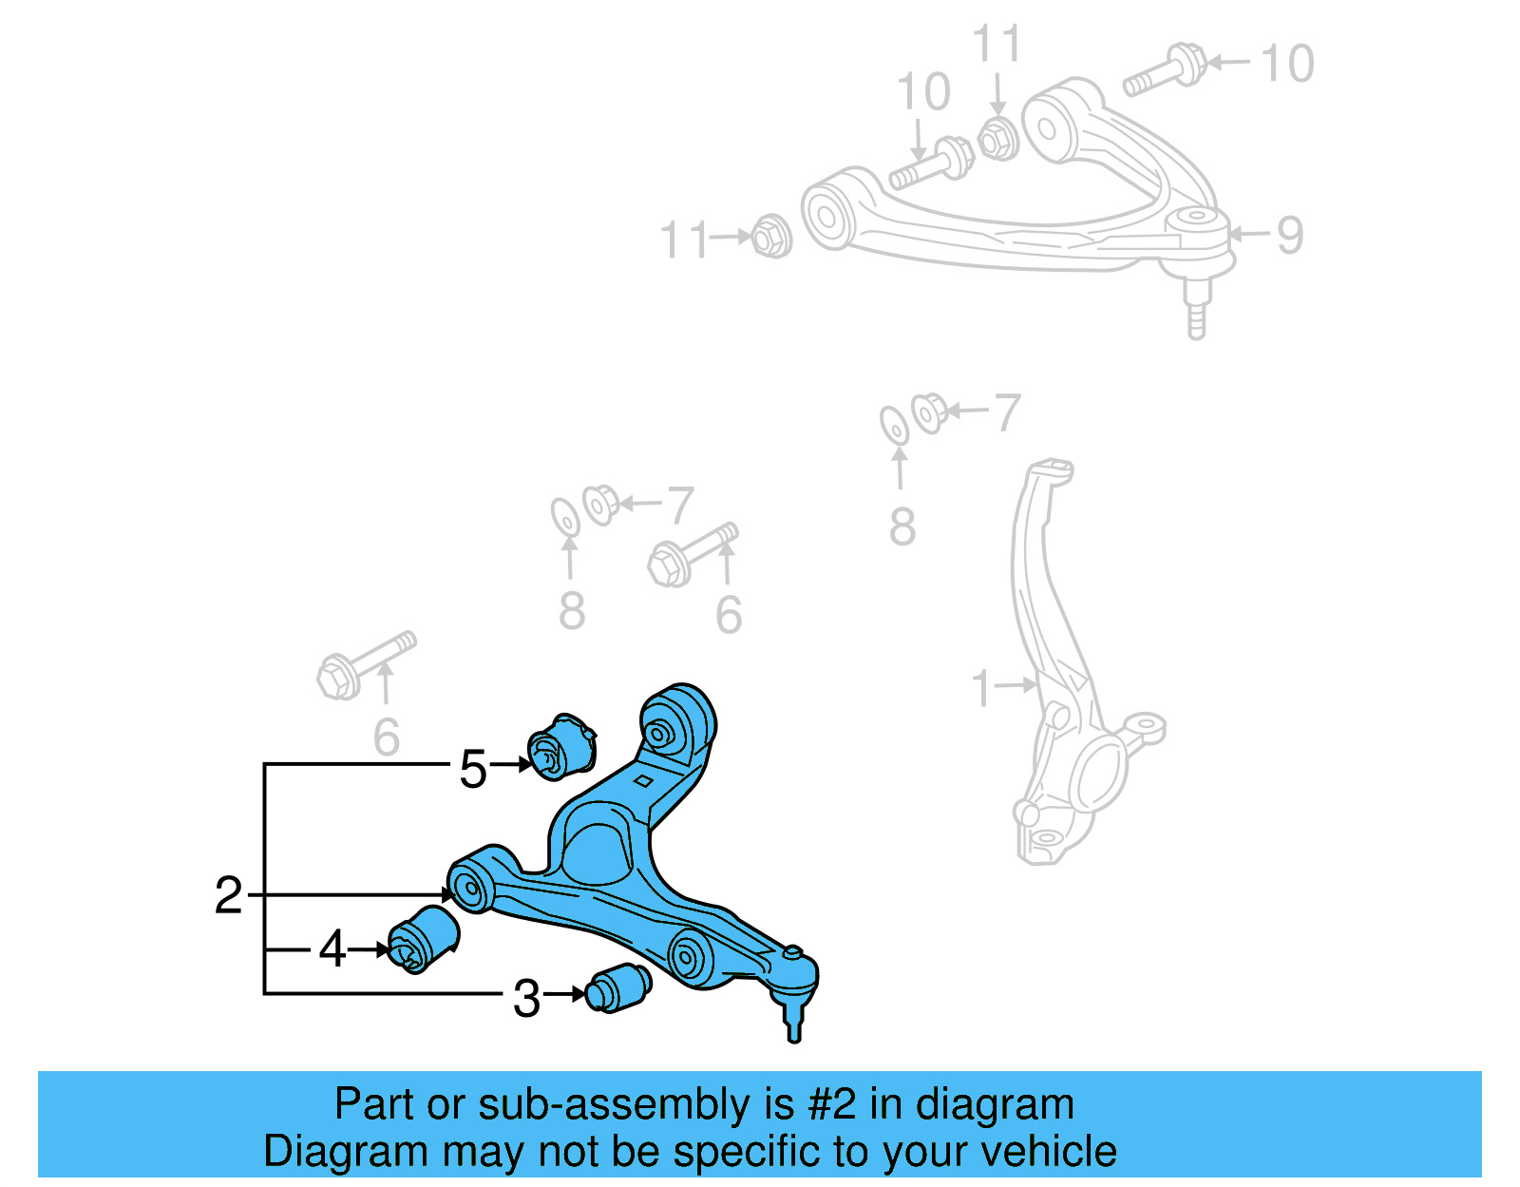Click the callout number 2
(228, 895)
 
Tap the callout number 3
(526, 999)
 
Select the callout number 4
(332, 948)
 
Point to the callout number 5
(472, 769)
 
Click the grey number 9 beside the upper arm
(1289, 235)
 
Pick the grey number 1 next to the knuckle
(981, 688)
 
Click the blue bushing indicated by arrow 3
(618, 987)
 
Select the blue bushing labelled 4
(424, 937)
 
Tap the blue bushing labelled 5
(561, 745)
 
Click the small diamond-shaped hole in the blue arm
(643, 781)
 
